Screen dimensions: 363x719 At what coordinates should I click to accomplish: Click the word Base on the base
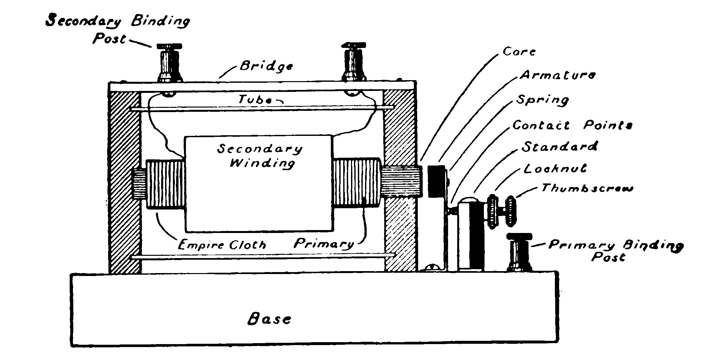pyautogui.click(x=269, y=319)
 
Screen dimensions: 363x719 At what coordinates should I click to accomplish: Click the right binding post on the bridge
pyautogui.click(x=354, y=62)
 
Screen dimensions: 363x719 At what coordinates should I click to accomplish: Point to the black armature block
pyautogui.click(x=436, y=181)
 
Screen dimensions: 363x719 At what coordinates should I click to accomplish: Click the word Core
pyautogui.click(x=519, y=52)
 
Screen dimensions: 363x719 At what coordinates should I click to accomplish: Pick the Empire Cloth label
pyautogui.click(x=222, y=244)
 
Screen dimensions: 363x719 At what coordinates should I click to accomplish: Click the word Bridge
pyautogui.click(x=266, y=66)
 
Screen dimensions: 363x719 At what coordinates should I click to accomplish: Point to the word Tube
pyautogui.click(x=255, y=99)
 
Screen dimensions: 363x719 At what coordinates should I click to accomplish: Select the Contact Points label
pyautogui.click(x=572, y=125)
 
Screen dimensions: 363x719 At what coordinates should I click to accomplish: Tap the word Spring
pyautogui.click(x=543, y=100)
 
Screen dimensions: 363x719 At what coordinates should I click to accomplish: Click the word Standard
pyautogui.click(x=560, y=147)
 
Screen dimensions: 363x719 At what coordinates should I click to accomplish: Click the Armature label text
pyautogui.click(x=557, y=75)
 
